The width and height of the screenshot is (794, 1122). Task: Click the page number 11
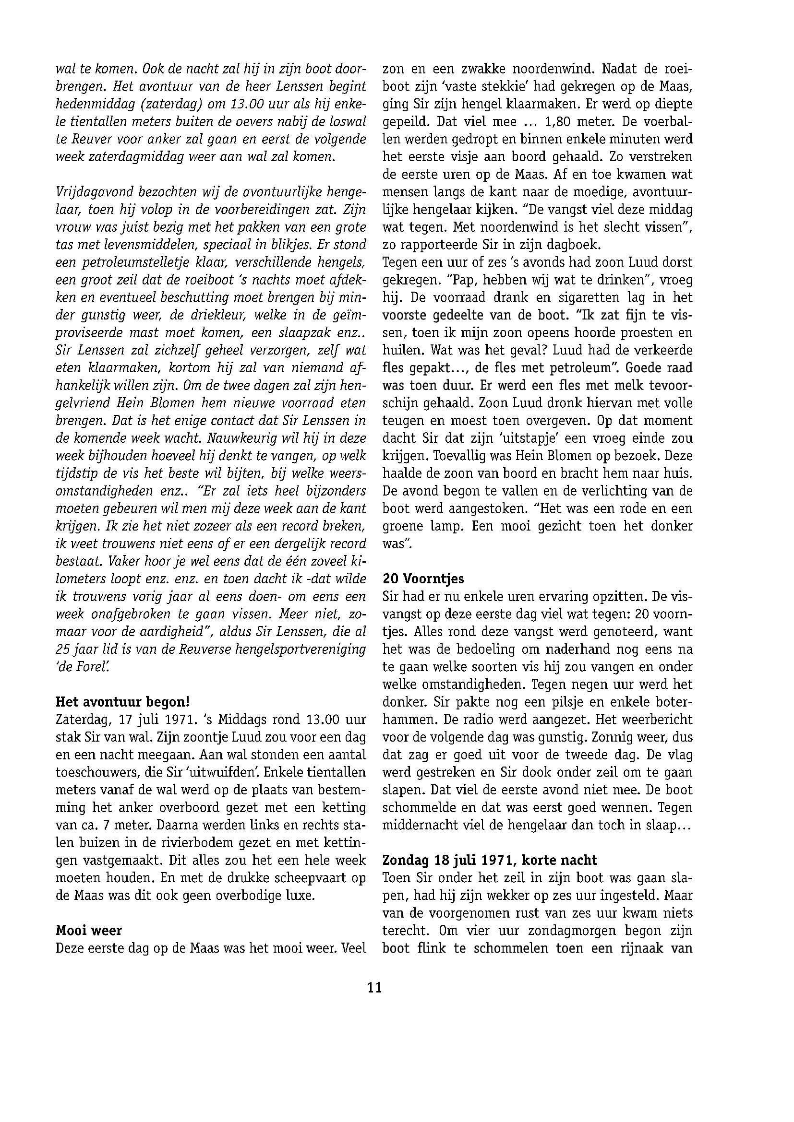coord(374,988)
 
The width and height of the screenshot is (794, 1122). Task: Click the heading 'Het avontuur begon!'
coord(123,702)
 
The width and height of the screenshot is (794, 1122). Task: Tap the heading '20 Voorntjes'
coord(423,579)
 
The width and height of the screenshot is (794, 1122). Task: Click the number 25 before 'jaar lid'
coord(64,650)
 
